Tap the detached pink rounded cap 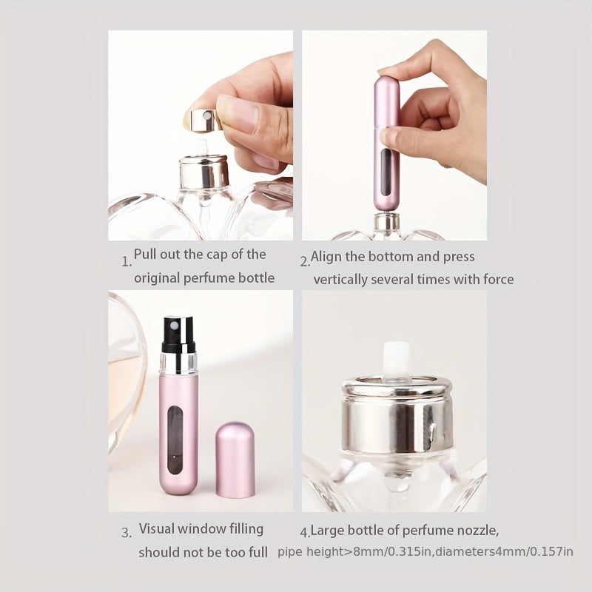235,460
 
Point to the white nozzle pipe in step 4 396,358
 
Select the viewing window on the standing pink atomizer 175,440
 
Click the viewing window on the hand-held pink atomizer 386,172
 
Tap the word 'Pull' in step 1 145,254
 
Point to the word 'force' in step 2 498,280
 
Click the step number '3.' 127,533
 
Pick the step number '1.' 127,261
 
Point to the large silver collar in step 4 397,414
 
